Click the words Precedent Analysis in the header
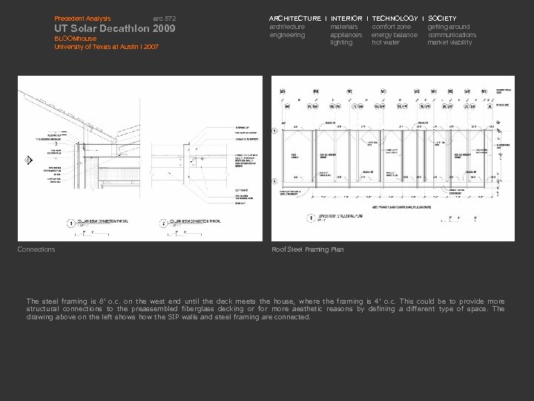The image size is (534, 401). coord(82,18)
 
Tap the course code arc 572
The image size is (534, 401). coord(164,18)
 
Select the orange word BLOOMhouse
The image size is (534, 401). coord(75,39)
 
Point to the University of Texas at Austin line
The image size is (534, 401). coord(106,47)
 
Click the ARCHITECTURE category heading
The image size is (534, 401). coord(295,18)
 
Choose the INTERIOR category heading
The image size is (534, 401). coord(346,18)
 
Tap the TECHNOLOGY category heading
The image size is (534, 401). coord(395,18)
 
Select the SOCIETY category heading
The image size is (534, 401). coord(443,18)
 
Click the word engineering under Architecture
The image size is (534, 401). coord(287,35)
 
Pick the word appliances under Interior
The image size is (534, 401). coord(346,35)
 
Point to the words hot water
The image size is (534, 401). coord(386,43)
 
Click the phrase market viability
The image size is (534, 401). coord(449,43)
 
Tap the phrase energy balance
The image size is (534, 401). coord(395,35)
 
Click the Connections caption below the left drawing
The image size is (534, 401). coord(36,250)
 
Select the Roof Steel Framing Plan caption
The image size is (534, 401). coord(308,250)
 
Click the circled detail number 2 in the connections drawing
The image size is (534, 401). coord(164,222)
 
